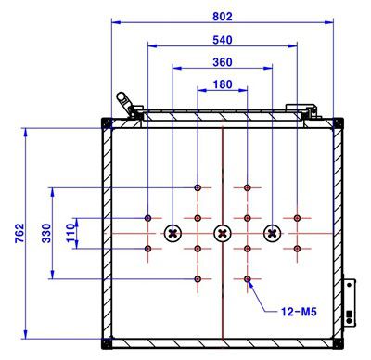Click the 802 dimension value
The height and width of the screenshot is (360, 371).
tap(223, 16)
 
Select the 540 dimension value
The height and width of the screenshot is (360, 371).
tap(223, 40)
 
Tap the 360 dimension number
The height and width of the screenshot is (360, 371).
tap(223, 62)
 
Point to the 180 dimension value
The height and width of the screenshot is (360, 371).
tap(223, 84)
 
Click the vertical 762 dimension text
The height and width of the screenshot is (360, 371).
tap(19, 233)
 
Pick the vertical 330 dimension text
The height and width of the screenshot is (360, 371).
tap(46, 233)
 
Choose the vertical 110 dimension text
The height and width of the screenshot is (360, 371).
tap(70, 233)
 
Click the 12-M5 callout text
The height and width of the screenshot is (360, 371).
tap(299, 312)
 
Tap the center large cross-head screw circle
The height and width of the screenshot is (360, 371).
tap(223, 233)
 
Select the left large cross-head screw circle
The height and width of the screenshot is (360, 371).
tap(173, 233)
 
